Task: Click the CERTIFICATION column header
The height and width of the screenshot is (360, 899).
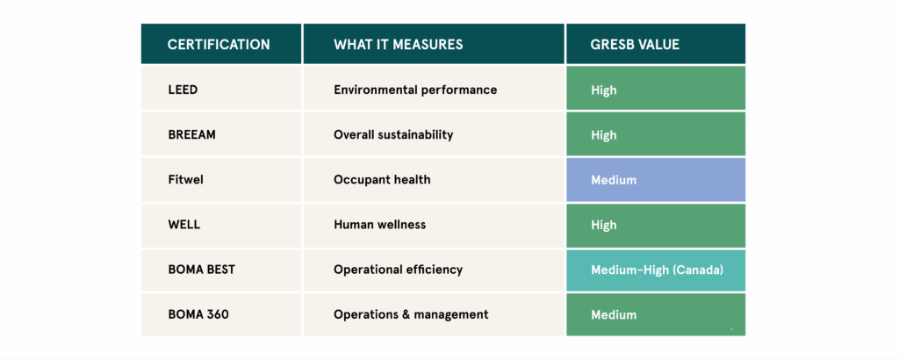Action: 219,44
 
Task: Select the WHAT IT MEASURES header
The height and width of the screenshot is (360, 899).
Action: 398,44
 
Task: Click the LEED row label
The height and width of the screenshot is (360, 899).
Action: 183,90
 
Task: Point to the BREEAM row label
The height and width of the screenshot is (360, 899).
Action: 191,135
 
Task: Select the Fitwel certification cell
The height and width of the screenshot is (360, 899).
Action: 185,180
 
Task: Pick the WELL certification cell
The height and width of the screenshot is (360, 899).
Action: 184,225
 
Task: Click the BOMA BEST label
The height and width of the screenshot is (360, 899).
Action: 201,270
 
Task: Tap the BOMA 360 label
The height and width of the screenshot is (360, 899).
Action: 198,314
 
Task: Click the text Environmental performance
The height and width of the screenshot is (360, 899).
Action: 415,90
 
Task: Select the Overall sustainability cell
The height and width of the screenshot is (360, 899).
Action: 393,135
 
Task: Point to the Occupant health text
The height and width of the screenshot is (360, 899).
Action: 382,180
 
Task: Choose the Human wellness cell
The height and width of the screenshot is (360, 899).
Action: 379,225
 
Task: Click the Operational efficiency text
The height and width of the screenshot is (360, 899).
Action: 398,270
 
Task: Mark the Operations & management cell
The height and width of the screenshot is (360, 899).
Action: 411,314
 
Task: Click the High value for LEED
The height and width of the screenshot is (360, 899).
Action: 604,90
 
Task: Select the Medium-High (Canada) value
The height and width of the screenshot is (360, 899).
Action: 657,270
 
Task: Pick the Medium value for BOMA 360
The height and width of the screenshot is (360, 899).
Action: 614,314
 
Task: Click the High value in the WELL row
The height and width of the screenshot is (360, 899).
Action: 604,225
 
